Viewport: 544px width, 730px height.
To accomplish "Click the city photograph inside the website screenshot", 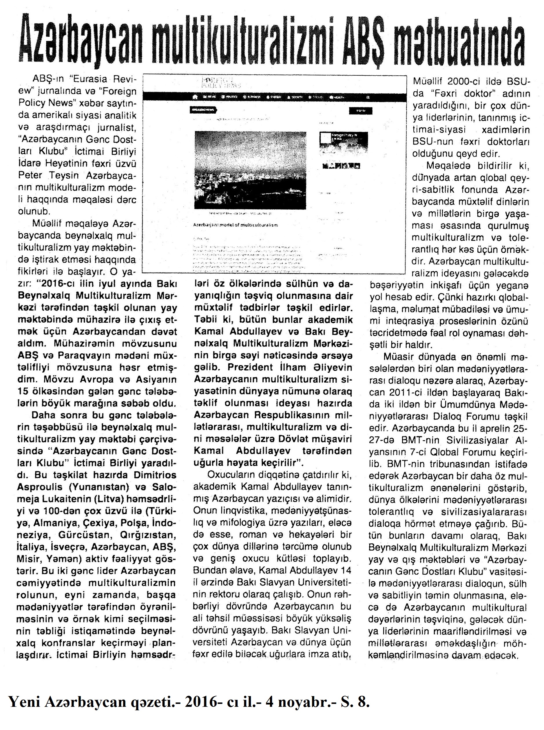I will tap(250, 170).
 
